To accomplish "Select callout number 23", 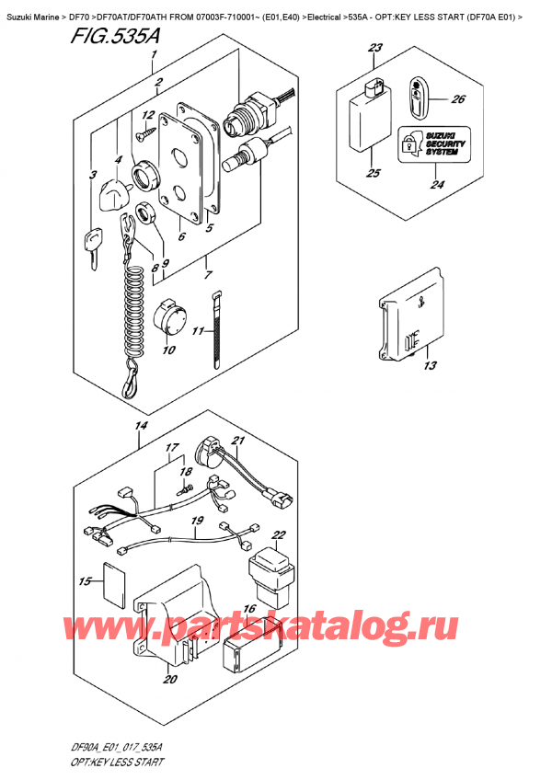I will point(374,48).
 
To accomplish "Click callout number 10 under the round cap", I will point(168,350).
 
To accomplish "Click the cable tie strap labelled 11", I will point(218,331).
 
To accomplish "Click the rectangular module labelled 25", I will point(366,120).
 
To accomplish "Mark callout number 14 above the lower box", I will point(141,426).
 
